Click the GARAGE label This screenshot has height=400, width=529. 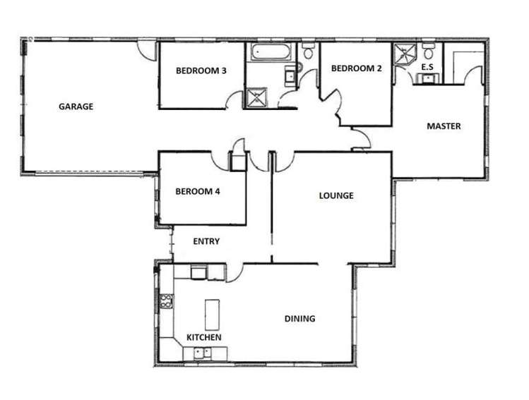76,107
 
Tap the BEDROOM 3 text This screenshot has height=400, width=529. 201,70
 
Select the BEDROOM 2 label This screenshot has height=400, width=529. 356,68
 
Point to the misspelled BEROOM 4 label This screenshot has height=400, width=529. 198,190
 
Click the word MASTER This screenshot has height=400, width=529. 444,126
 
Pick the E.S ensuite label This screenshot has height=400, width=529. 427,67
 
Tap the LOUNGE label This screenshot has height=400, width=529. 335,195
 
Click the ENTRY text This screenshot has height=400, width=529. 206,241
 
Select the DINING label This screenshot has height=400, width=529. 300,319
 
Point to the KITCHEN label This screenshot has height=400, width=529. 203,337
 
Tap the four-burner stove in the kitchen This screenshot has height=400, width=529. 167,302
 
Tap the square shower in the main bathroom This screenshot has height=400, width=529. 256,97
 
